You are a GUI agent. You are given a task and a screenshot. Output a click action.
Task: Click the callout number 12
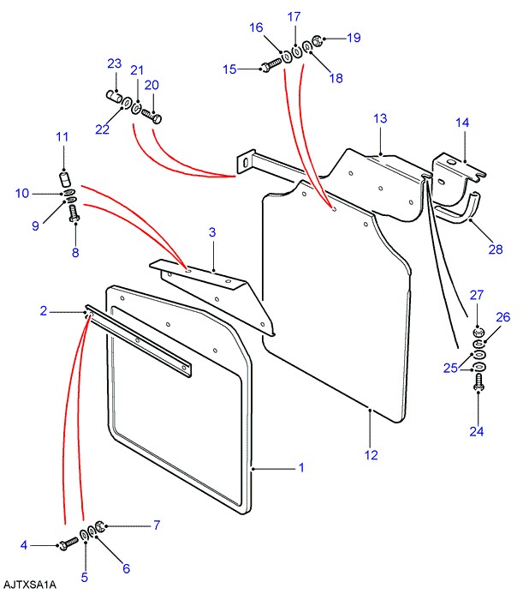coord(371,455)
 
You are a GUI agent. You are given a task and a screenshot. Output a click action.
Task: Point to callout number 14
coord(462,123)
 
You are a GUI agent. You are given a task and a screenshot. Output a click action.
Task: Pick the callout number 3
coord(212,231)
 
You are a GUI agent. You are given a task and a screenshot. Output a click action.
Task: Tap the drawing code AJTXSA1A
coord(29,585)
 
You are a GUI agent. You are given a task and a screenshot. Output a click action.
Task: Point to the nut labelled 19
coord(317,39)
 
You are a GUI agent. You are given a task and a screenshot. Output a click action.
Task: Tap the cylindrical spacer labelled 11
coord(62,179)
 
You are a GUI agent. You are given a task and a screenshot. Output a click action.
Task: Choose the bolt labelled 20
coord(154,111)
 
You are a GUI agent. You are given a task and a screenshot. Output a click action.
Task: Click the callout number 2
coord(43,311)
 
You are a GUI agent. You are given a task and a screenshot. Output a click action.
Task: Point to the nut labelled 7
coord(99,525)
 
